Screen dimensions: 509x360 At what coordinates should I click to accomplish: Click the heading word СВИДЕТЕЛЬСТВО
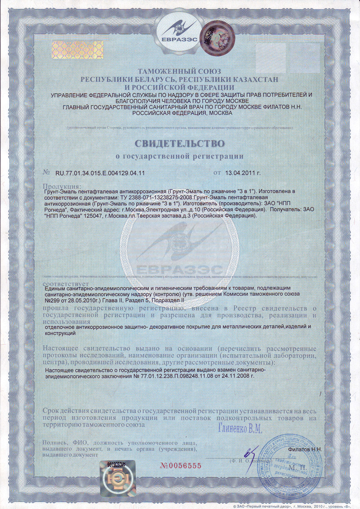coord(180,140)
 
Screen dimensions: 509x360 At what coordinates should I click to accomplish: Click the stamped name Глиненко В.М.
coord(240,429)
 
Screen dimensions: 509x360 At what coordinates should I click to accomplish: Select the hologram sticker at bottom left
coord(117,477)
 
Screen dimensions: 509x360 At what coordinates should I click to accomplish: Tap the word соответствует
coord(65,283)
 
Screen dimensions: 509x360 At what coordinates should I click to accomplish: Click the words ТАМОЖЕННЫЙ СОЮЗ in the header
coord(180,72)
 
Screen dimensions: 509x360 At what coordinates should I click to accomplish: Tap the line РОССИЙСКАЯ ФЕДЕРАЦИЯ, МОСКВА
coord(182,113)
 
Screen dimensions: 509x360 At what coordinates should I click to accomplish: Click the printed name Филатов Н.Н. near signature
coord(305,449)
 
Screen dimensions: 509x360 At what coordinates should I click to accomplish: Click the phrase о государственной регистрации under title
coord(180,157)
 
